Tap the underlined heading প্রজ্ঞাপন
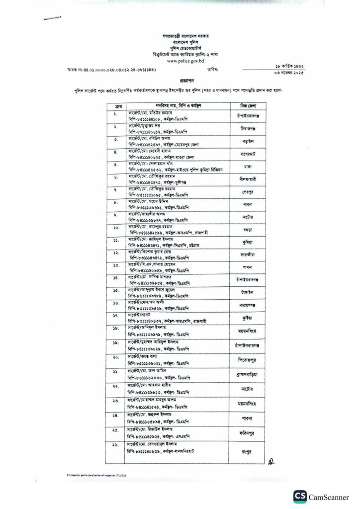(180, 80)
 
